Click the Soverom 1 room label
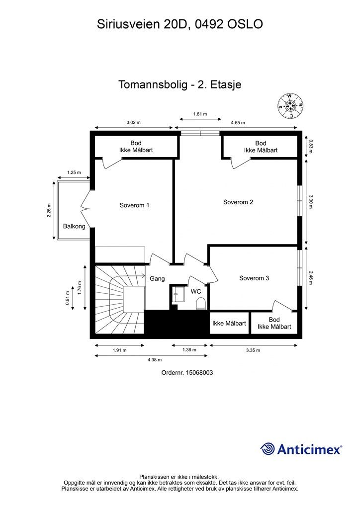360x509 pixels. [x=134, y=205]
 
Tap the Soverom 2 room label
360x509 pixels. [x=238, y=202]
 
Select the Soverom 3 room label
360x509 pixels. [x=254, y=278]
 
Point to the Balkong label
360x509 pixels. [x=74, y=227]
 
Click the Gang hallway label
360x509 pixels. [x=157, y=279]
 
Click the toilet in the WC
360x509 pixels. [x=201, y=303]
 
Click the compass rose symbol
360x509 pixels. [x=291, y=106]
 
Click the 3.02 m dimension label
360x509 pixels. [x=133, y=123]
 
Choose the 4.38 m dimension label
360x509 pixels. [x=154, y=359]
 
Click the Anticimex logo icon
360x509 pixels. [x=268, y=449]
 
